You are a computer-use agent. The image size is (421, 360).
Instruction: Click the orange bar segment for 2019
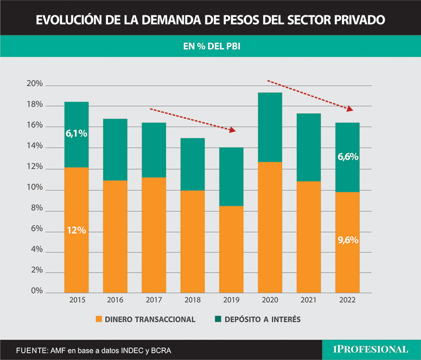(231, 249)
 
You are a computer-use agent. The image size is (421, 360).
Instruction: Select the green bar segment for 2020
(270, 127)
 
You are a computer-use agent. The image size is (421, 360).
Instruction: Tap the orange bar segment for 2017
(154, 235)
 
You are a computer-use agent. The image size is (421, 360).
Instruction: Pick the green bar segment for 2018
(192, 164)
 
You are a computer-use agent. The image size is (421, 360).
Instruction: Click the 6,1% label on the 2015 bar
(77, 134)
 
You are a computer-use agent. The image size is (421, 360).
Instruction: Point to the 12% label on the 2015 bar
(77, 230)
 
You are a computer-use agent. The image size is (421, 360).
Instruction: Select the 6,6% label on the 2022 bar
(348, 157)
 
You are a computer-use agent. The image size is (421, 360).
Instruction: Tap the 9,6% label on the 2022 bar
(348, 240)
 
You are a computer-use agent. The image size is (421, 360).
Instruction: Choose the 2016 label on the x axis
(115, 300)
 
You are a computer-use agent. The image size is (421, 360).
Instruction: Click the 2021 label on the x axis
(309, 300)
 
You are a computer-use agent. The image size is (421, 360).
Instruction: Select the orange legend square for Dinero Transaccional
(99, 319)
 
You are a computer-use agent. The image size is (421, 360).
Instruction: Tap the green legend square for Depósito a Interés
(219, 319)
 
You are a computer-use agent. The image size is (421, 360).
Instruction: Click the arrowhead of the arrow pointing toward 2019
(233, 130)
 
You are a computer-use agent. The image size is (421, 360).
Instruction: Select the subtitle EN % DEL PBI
(210, 46)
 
